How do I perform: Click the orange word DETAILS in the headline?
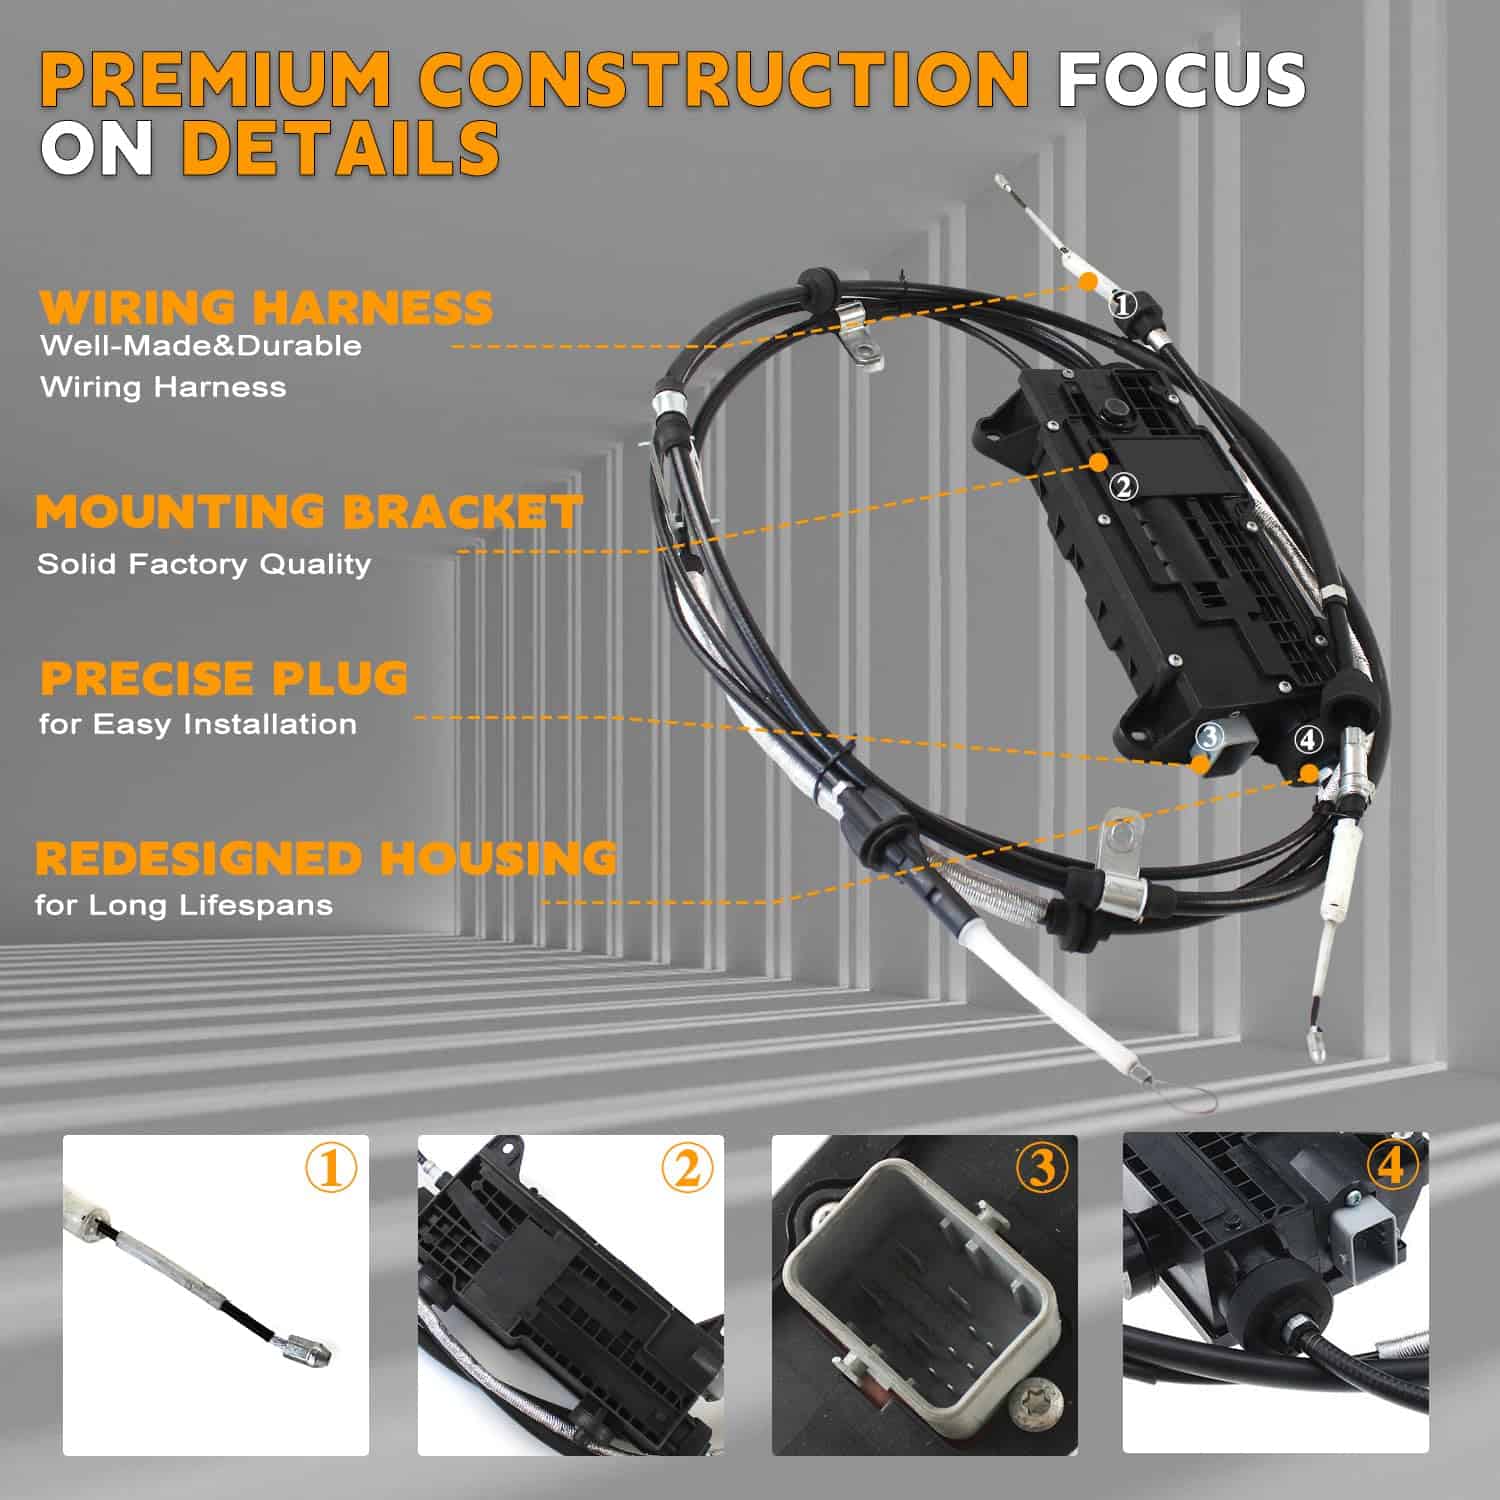(x=340, y=147)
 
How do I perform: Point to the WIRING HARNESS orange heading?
(x=266, y=307)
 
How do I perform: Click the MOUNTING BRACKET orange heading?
(x=308, y=511)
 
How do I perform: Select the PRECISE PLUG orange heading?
(x=224, y=677)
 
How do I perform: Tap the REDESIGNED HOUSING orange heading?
(x=326, y=858)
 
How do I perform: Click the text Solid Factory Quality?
(x=204, y=564)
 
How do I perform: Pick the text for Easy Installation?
(x=198, y=724)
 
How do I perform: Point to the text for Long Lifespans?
(x=184, y=905)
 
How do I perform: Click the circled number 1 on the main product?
(x=1123, y=304)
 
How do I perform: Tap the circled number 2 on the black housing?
(x=1124, y=487)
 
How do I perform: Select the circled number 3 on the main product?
(x=1210, y=737)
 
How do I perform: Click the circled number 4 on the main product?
(x=1308, y=740)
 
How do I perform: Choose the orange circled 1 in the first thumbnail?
(x=331, y=1167)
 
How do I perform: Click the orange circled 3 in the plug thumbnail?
(x=1042, y=1167)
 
